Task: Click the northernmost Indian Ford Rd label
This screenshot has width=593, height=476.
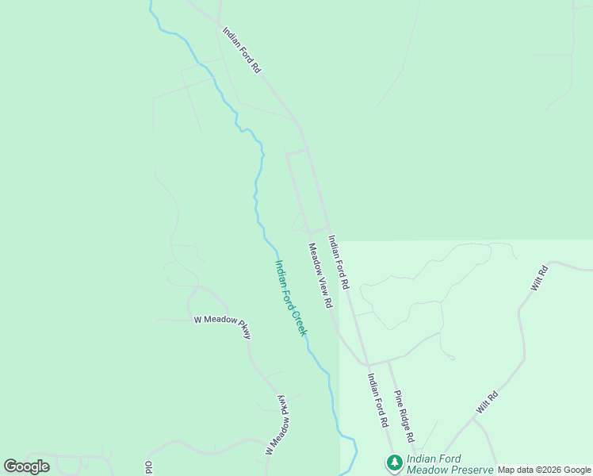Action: pos(242,51)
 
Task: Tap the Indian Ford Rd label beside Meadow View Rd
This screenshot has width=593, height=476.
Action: pos(339,261)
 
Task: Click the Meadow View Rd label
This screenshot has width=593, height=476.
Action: pos(319,275)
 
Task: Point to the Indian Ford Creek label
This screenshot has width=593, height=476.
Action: pos(290,297)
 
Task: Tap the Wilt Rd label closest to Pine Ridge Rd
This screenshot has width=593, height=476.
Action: pos(487,401)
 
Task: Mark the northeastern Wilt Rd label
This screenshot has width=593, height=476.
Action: pos(539,278)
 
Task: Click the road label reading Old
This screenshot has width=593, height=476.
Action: pos(148,467)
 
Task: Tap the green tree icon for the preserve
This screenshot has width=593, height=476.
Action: pos(394,462)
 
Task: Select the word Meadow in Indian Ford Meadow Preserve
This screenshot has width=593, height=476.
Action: pos(429,470)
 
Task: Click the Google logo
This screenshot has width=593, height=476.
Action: pos(26,466)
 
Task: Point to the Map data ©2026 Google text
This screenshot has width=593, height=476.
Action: pos(544,470)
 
